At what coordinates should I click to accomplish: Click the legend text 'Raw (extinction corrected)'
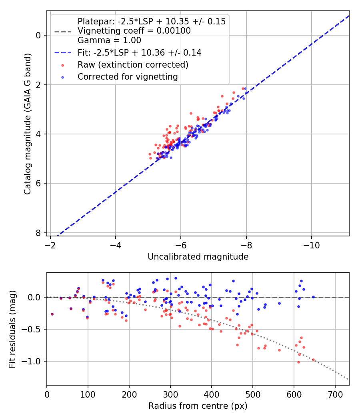133,64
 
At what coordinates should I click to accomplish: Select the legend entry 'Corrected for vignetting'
128,76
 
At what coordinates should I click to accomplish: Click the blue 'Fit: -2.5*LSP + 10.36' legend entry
139,52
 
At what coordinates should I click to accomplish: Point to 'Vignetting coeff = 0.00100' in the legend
134,31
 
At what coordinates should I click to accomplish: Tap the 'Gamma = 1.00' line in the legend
109,40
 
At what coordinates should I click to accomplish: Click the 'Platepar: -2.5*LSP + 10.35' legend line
151,22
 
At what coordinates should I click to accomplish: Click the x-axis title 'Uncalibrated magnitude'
198,257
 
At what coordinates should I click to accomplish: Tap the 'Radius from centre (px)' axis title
198,406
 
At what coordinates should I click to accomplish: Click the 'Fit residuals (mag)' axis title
12,329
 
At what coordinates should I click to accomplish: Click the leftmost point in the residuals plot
52,314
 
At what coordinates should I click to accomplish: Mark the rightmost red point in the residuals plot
313,360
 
